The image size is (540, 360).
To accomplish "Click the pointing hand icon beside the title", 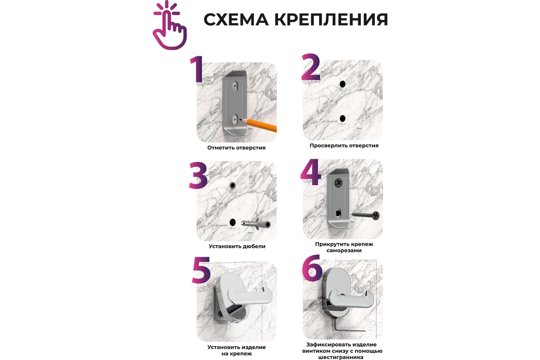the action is coord(170,27).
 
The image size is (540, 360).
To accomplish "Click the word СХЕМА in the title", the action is coord(236,19).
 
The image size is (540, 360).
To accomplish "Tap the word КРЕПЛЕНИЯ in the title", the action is coord(331,19).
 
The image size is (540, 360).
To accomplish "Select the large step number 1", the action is coord(197,69).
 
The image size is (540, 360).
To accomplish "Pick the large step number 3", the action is coord(198,175).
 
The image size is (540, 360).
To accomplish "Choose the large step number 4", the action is coord(311,173).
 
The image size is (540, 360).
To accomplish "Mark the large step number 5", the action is coord(201,270).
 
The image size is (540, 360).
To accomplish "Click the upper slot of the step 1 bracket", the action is coord(235,86).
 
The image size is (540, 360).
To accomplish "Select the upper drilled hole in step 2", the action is coord(342,84).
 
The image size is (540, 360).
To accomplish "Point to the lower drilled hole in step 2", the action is coord(342,119).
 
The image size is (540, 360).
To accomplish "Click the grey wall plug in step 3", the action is coord(256,225).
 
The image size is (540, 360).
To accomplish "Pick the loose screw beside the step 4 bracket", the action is coord(365,215).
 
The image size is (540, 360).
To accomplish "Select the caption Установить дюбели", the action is coord(237,247).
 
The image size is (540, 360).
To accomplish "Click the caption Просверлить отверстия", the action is coord(344,145).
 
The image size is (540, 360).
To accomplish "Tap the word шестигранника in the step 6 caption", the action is coord(341,357).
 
